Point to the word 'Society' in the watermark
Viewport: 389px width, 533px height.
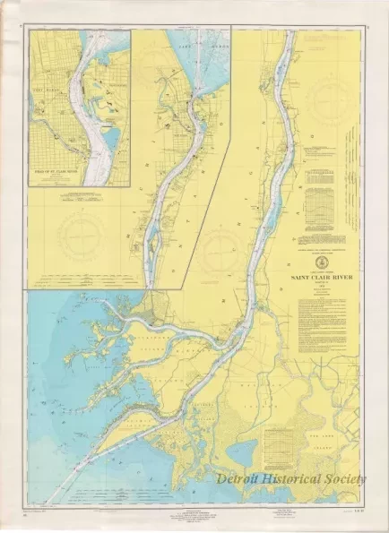pos(347,479)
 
